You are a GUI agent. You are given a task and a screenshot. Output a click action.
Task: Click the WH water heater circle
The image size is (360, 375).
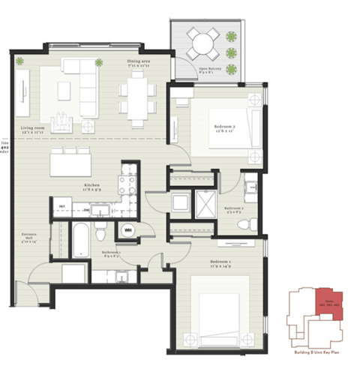(128, 229)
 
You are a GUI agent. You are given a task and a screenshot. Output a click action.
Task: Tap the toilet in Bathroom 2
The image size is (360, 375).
(253, 223)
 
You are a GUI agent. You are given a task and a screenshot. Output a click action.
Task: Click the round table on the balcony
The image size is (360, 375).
(201, 43)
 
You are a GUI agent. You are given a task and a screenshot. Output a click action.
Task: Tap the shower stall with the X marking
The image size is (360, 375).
(205, 202)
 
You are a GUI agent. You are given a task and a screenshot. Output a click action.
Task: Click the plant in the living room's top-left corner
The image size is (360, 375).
(20, 61)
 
